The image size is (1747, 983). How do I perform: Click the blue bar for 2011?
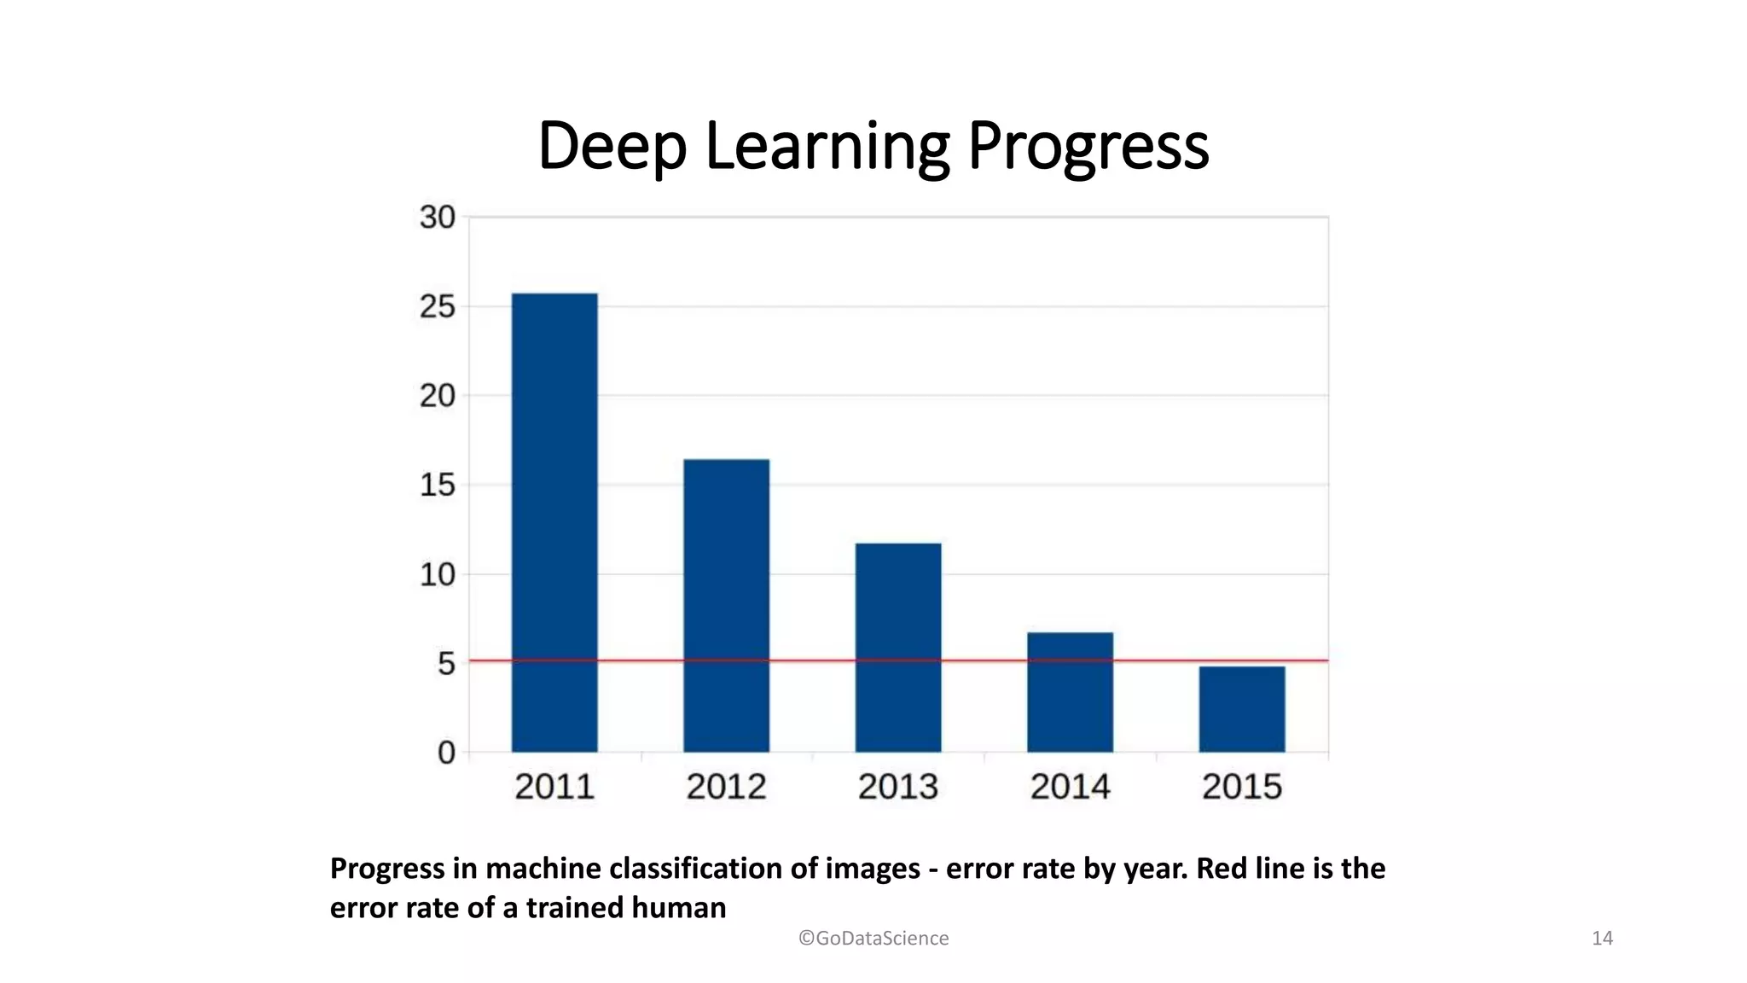pyautogui.click(x=554, y=522)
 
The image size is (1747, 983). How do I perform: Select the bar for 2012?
pyautogui.click(x=726, y=605)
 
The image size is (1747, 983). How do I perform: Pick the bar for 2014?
pyautogui.click(x=1070, y=692)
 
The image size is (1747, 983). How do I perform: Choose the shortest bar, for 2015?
pyautogui.click(x=1242, y=709)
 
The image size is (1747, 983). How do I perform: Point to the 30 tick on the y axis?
pyautogui.click(x=437, y=218)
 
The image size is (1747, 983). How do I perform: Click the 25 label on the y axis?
pyautogui.click(x=437, y=307)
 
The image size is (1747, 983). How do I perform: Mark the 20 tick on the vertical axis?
pyautogui.click(x=437, y=396)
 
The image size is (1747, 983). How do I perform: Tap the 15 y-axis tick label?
pyautogui.click(x=437, y=486)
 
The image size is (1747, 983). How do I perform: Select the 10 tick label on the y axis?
pyautogui.click(x=437, y=575)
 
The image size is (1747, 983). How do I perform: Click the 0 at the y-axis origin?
pyautogui.click(x=446, y=753)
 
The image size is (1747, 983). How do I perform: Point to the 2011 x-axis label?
pyautogui.click(x=554, y=787)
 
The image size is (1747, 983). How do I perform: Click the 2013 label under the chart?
pyautogui.click(x=898, y=787)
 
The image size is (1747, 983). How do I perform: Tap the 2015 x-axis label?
pyautogui.click(x=1242, y=787)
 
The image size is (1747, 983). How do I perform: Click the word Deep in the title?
pyautogui.click(x=612, y=147)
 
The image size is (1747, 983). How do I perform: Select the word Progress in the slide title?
pyautogui.click(x=1088, y=147)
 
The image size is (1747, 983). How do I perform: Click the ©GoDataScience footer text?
pyautogui.click(x=873, y=938)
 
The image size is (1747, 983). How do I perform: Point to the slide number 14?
pyautogui.click(x=1602, y=938)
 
